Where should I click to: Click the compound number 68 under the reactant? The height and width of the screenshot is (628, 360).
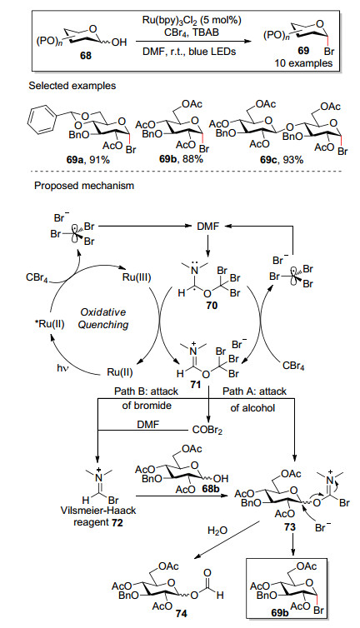coord(86,55)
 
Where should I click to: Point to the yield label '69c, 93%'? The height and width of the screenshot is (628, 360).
coord(282,160)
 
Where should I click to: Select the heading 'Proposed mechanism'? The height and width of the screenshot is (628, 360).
coord(84,186)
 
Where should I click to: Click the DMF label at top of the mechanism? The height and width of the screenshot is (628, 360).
coord(207,227)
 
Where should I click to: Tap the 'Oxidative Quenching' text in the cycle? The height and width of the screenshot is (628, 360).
coord(102,318)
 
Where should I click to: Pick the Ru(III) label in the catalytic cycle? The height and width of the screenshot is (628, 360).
coord(137,277)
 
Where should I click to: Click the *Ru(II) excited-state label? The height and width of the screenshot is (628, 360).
coord(49,324)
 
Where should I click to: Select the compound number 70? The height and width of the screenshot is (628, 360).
coord(212,306)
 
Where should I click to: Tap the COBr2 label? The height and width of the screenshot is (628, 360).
coord(205,431)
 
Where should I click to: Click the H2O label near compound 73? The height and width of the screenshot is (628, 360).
coord(217,531)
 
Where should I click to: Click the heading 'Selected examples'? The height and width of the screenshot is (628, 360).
coord(72,85)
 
